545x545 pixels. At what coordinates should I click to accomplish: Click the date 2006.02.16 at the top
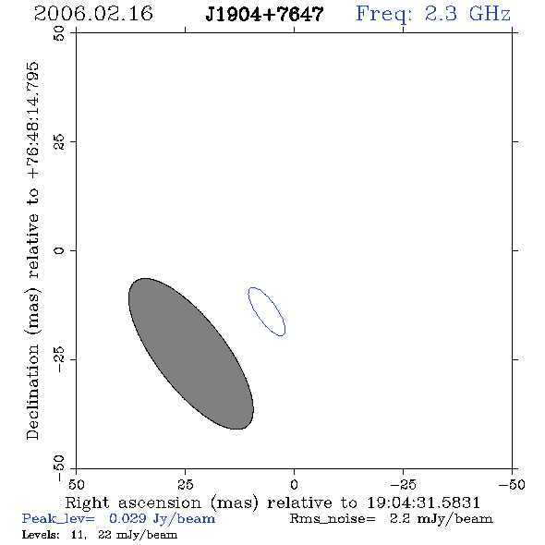[93, 14]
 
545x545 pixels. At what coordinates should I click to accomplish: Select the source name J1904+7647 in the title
[264, 14]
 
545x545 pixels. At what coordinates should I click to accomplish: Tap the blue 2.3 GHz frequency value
[467, 14]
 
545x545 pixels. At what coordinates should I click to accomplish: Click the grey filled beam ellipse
[191, 354]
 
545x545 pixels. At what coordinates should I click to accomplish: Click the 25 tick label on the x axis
[185, 484]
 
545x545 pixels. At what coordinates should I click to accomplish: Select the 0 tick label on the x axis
[294, 484]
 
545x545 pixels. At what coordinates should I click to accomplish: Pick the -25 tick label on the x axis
[403, 484]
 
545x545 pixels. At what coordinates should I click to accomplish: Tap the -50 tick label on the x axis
[512, 484]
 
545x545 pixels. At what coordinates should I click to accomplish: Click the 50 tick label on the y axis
[59, 33]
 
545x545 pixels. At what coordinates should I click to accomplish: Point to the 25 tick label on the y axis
[59, 142]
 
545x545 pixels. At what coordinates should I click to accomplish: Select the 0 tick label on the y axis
[59, 250]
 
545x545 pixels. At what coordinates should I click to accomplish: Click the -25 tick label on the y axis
[59, 359]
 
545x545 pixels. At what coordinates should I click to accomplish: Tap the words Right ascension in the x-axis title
[133, 503]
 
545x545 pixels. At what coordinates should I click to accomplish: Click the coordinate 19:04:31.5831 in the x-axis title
[423, 503]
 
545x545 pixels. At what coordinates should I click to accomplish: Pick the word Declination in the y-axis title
[32, 392]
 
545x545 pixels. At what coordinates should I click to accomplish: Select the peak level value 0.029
[127, 518]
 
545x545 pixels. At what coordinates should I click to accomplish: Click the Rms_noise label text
[333, 519]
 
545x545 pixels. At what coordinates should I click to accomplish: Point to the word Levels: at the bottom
[41, 534]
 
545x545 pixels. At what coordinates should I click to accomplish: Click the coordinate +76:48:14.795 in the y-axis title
[33, 121]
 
